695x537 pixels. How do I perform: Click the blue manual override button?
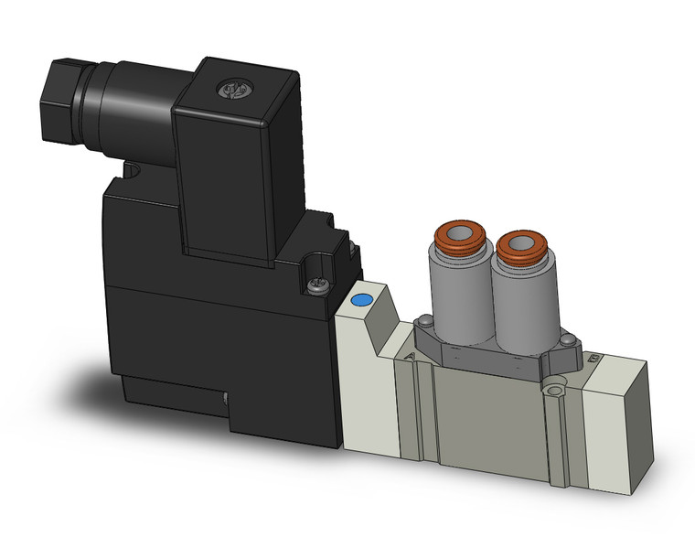pyautogui.click(x=362, y=300)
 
